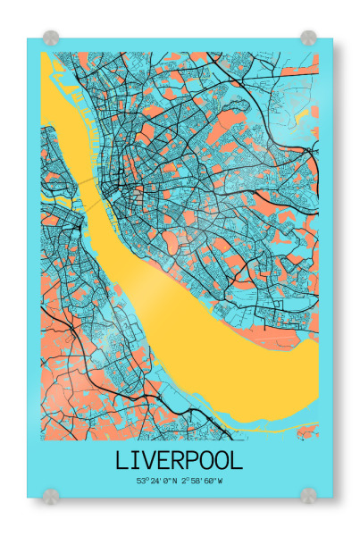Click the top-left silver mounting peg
click(51, 38)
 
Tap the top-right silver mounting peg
click(308, 38)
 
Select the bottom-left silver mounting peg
click(51, 493)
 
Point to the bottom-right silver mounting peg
click(308, 493)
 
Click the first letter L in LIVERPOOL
click(122, 460)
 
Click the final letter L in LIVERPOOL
click(236, 460)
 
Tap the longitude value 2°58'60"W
click(202, 481)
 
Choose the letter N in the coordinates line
click(174, 481)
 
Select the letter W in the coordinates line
click(220, 481)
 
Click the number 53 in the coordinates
click(141, 481)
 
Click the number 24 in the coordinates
click(155, 481)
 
